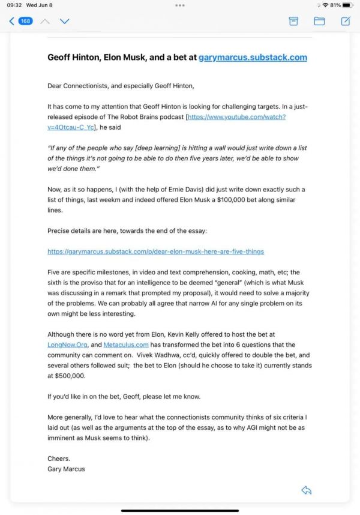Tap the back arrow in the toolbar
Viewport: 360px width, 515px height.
click(11, 21)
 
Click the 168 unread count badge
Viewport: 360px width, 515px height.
click(25, 21)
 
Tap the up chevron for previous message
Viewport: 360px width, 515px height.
click(45, 21)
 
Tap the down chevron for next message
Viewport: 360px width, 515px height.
click(64, 21)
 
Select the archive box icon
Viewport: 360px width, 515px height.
click(293, 21)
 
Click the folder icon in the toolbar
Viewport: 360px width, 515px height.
click(319, 21)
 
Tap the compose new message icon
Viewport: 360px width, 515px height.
click(346, 21)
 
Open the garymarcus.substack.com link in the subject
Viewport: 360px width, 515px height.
click(253, 58)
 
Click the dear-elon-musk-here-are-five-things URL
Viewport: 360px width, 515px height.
click(155, 251)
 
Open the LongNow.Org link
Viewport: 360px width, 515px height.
click(67, 345)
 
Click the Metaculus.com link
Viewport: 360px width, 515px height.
click(125, 345)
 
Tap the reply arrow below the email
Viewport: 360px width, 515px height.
click(307, 490)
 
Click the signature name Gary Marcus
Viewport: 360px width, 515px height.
click(66, 469)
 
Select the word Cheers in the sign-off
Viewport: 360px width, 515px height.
click(58, 459)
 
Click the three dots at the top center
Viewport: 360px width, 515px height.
click(180, 5)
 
